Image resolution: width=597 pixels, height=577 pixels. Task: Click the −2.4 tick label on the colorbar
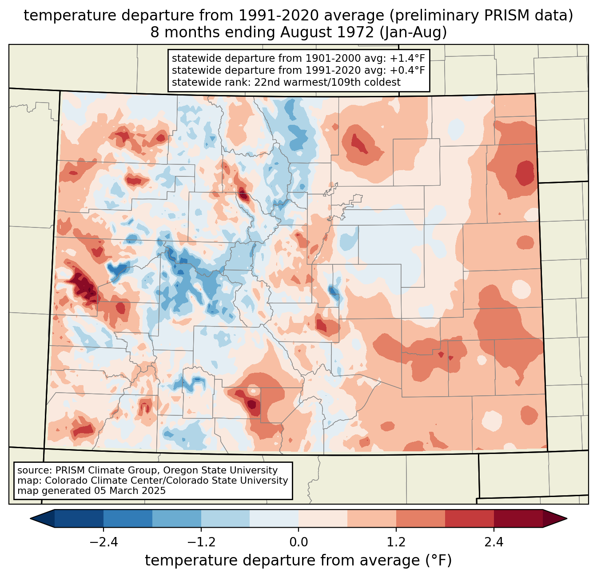click(x=103, y=542)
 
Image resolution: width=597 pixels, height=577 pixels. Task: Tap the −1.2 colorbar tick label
click(x=201, y=542)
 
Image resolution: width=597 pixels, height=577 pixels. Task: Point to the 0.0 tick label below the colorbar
click(x=298, y=542)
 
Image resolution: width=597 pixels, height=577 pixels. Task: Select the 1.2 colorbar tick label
click(x=396, y=542)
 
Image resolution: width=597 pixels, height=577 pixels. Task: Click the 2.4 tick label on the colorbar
click(x=494, y=542)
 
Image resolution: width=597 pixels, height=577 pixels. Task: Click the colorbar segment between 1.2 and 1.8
click(x=420, y=518)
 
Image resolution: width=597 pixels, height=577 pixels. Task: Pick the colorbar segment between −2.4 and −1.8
click(x=128, y=518)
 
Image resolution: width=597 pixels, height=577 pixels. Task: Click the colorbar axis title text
click(x=298, y=561)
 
